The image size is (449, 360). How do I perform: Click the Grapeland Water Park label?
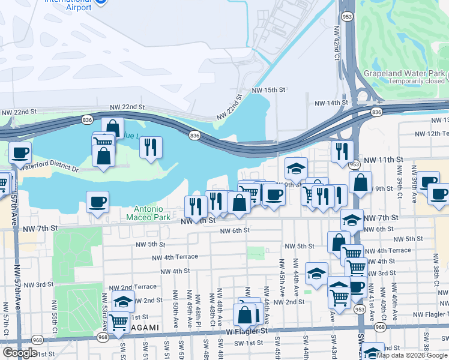[403, 73]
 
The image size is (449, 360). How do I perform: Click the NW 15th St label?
[267, 89]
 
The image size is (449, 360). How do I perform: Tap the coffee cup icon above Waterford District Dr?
[19, 152]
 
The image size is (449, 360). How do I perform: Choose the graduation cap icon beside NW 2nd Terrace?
[123, 301]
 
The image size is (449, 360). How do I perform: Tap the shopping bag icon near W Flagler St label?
[245, 314]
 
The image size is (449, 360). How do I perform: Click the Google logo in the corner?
[20, 353]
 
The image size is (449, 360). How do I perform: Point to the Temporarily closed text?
[416, 81]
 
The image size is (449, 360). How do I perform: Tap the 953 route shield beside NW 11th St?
[355, 164]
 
